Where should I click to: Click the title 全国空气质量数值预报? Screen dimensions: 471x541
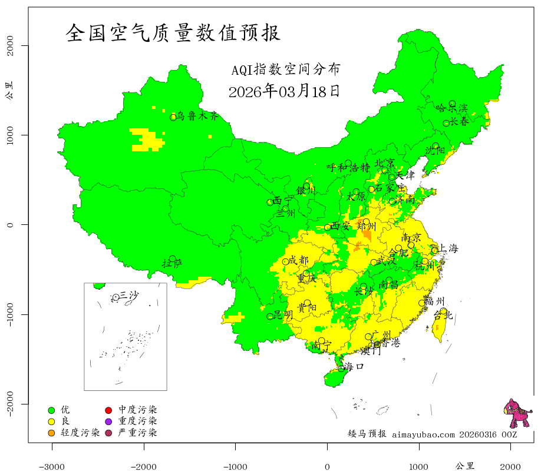(173, 33)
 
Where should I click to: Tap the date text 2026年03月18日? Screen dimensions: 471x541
(283, 91)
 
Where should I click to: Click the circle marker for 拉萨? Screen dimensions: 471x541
(172, 259)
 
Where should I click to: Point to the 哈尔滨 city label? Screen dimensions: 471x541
(451, 108)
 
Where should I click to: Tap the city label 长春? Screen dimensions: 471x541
(460, 122)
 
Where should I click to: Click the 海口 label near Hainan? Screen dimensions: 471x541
(354, 367)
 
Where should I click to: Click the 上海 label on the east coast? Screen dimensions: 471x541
(448, 248)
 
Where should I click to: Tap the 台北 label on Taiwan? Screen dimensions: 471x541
(443, 316)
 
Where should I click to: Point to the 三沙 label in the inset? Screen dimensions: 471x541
(129, 295)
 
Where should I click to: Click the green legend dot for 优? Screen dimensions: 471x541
(52, 410)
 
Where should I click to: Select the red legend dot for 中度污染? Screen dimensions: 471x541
(108, 410)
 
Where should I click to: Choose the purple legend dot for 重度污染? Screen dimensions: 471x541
(108, 422)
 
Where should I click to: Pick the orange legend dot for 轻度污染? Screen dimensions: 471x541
(52, 433)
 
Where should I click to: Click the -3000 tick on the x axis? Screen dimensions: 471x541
(52, 466)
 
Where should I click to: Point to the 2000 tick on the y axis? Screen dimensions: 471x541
(11, 45)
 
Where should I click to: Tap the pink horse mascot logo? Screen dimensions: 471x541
(517, 413)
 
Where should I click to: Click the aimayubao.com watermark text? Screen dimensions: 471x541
(423, 434)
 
